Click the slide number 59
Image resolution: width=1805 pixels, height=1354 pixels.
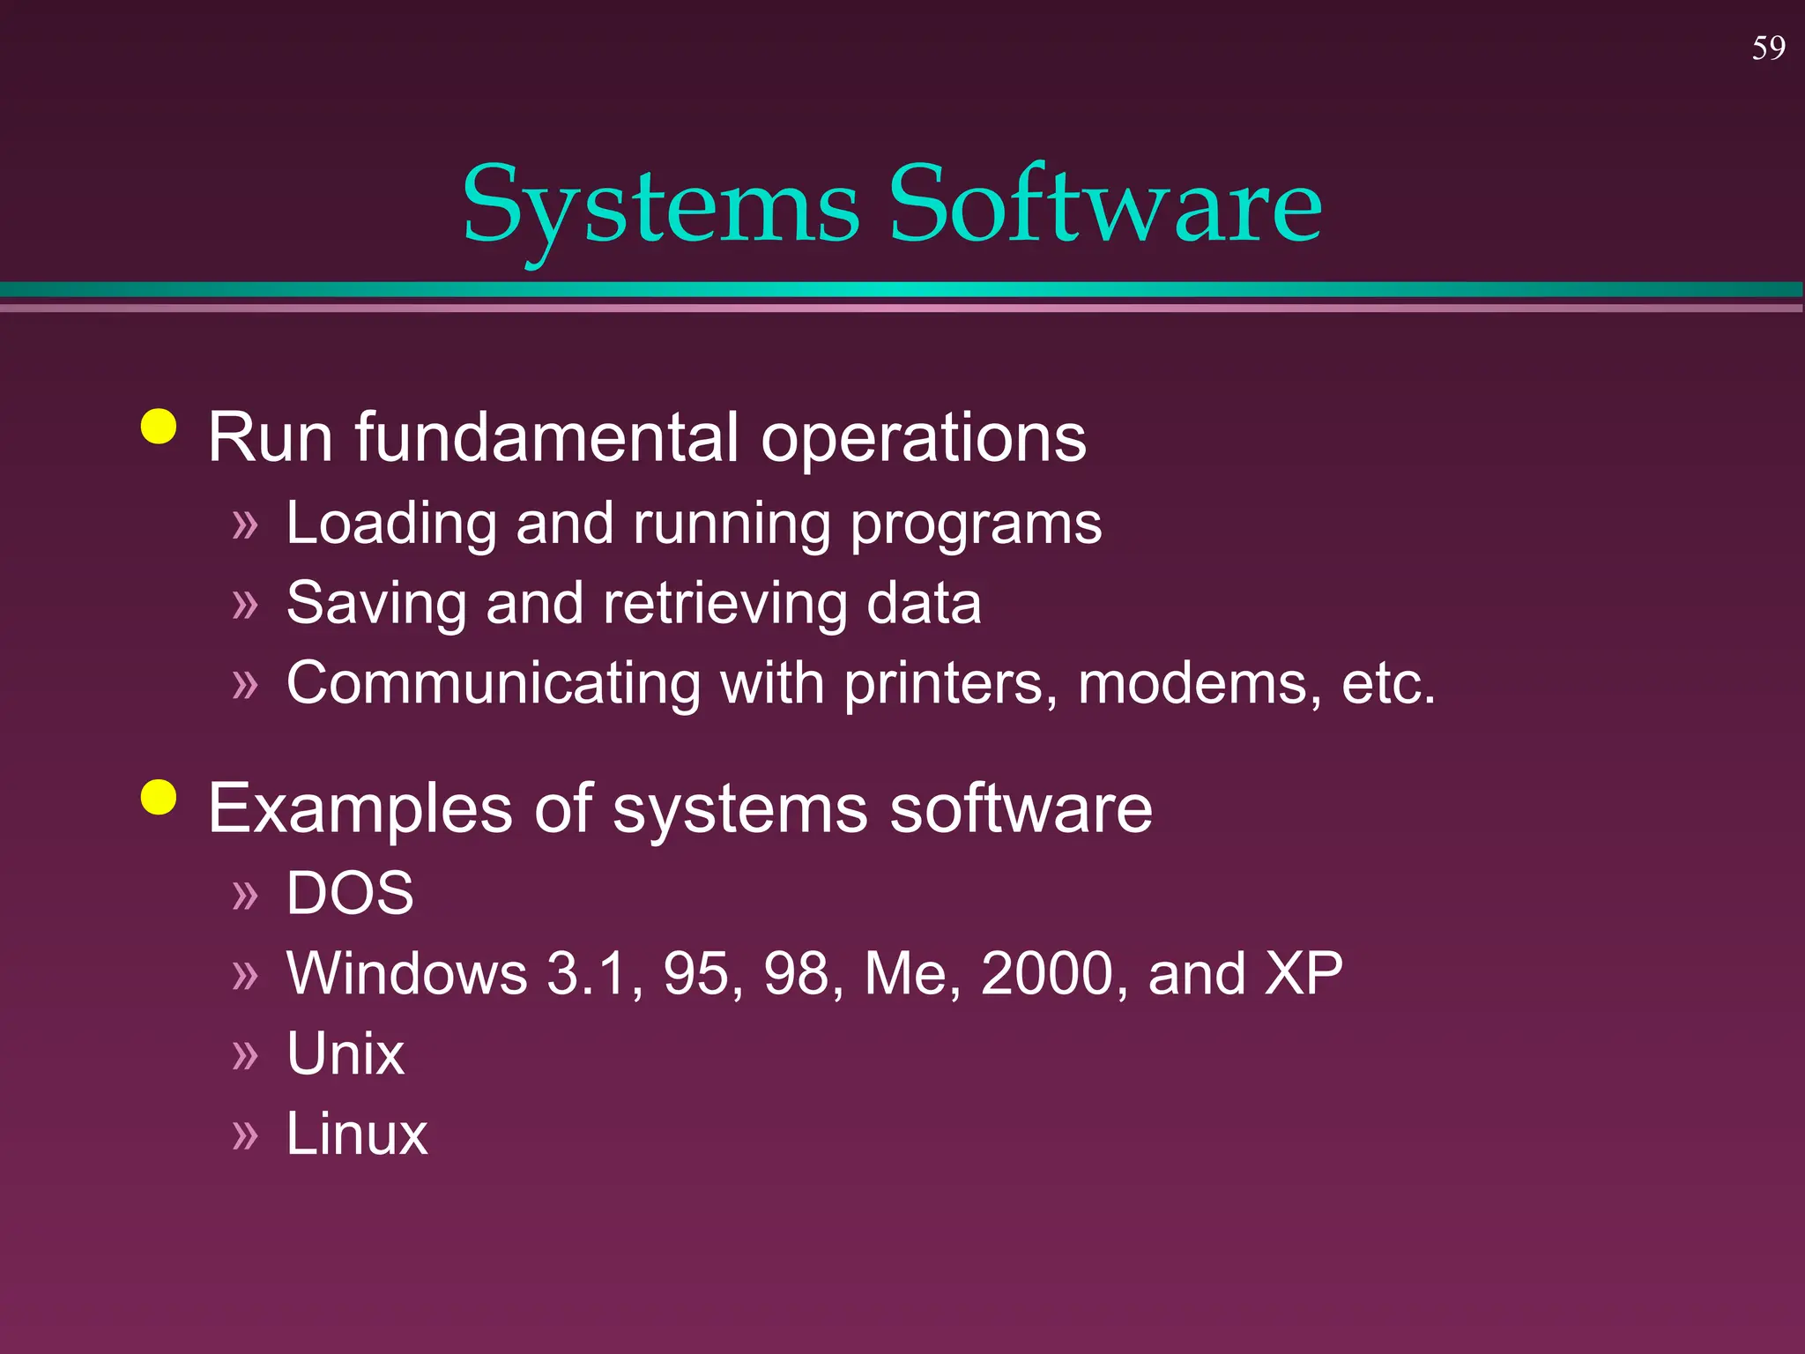pos(1768,48)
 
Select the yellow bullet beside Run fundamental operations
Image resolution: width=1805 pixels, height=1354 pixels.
pos(159,427)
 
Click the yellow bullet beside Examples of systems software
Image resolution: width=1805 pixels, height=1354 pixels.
pos(159,799)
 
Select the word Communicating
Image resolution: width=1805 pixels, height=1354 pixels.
pos(494,684)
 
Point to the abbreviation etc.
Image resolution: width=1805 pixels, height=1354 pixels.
pos(1387,684)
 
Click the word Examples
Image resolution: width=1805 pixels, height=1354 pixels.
pos(360,809)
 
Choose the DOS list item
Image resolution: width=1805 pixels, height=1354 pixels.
pos(350,893)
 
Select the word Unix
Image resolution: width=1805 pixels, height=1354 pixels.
pos(345,1053)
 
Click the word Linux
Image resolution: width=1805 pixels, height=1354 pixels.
pos(357,1134)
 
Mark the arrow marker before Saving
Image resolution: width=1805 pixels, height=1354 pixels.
pos(245,606)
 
